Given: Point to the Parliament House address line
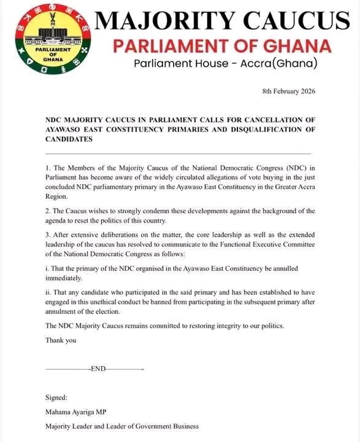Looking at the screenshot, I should [219, 64].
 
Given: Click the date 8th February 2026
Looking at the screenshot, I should [288, 91].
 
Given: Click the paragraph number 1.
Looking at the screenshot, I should [48, 168].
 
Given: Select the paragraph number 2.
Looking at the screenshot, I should [48, 211].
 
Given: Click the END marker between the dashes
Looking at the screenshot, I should [98, 368].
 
